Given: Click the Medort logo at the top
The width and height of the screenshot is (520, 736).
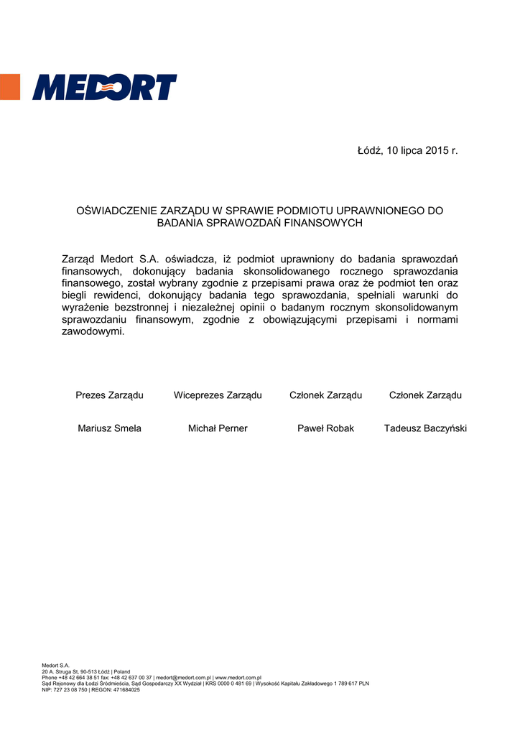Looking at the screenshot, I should pyautogui.click(x=105, y=87).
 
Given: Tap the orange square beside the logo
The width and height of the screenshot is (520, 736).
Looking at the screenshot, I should pyautogui.click(x=9, y=86).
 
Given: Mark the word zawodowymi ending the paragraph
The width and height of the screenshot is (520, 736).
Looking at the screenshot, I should pyautogui.click(x=93, y=332).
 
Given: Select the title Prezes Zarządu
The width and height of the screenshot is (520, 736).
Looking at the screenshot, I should pyautogui.click(x=109, y=395).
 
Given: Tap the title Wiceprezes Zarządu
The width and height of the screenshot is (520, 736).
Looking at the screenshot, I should pyautogui.click(x=218, y=395).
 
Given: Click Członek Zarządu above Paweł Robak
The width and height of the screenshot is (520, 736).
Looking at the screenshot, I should pyautogui.click(x=325, y=395).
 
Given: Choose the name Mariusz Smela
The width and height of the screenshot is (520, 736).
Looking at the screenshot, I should pyautogui.click(x=109, y=428).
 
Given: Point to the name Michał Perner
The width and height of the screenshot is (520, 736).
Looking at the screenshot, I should pyautogui.click(x=218, y=428).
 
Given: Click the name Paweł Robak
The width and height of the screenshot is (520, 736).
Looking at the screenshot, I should pyautogui.click(x=325, y=428).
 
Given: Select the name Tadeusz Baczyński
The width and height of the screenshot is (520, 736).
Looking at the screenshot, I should pyautogui.click(x=425, y=428).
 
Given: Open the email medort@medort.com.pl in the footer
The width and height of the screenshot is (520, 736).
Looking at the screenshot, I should pyautogui.click(x=183, y=678).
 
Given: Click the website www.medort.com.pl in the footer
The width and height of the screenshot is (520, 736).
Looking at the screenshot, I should pyautogui.click(x=238, y=678).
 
